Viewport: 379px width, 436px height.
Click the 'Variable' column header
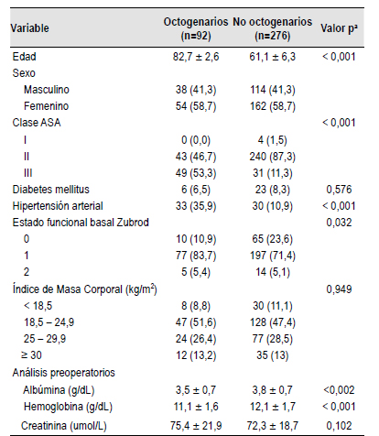29,28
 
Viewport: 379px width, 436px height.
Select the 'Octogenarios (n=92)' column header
196,28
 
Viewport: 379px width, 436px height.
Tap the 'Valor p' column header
339,28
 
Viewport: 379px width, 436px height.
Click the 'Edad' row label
24,57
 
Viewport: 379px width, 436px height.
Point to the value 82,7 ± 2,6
196,57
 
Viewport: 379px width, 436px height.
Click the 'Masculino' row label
47,90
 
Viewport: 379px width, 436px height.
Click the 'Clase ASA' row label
37,123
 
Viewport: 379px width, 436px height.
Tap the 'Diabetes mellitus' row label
50,190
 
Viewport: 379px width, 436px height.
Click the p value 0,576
339,190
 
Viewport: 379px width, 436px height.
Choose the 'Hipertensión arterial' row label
58,206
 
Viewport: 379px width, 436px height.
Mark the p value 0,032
339,223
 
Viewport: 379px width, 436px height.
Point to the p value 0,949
339,289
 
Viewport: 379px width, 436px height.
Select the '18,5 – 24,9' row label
49,322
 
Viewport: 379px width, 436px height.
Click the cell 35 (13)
272,355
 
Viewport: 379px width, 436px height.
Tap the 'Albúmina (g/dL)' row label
59,390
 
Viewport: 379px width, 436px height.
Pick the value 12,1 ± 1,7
272,407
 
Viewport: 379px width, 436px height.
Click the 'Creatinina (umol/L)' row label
64,426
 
